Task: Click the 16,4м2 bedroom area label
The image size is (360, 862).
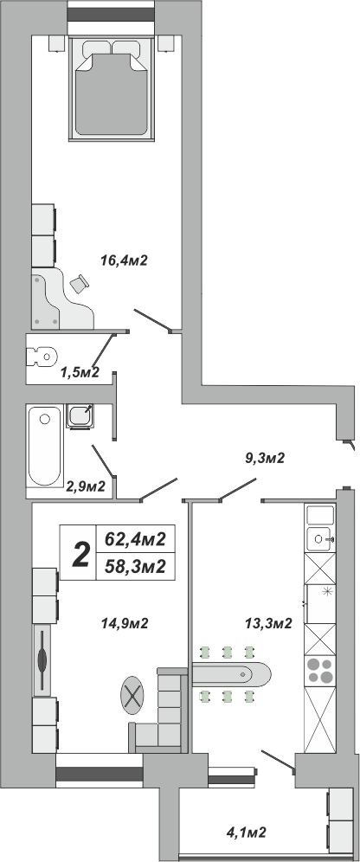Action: pyautogui.click(x=125, y=260)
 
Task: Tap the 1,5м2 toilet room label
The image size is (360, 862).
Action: pyautogui.click(x=79, y=373)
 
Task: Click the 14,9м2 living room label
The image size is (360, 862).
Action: pyautogui.click(x=125, y=623)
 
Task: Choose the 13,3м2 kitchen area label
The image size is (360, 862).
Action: pyautogui.click(x=268, y=623)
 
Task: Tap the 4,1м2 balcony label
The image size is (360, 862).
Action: pyautogui.click(x=247, y=833)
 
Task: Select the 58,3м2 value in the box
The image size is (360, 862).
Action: pyautogui.click(x=136, y=566)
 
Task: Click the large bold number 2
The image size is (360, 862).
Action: pyautogui.click(x=81, y=554)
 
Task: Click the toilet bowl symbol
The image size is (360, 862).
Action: pyautogui.click(x=42, y=357)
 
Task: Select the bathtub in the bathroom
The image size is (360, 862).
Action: pyautogui.click(x=44, y=446)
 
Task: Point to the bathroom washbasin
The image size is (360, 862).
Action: pyautogui.click(x=80, y=416)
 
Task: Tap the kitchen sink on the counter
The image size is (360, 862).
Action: pyautogui.click(x=320, y=539)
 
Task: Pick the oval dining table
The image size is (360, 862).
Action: pyautogui.click(x=231, y=673)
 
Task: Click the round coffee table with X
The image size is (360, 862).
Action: pyautogui.click(x=132, y=695)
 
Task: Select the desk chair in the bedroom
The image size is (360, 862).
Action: pyautogui.click(x=79, y=284)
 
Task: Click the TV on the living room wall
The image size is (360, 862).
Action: pyautogui.click(x=43, y=659)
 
